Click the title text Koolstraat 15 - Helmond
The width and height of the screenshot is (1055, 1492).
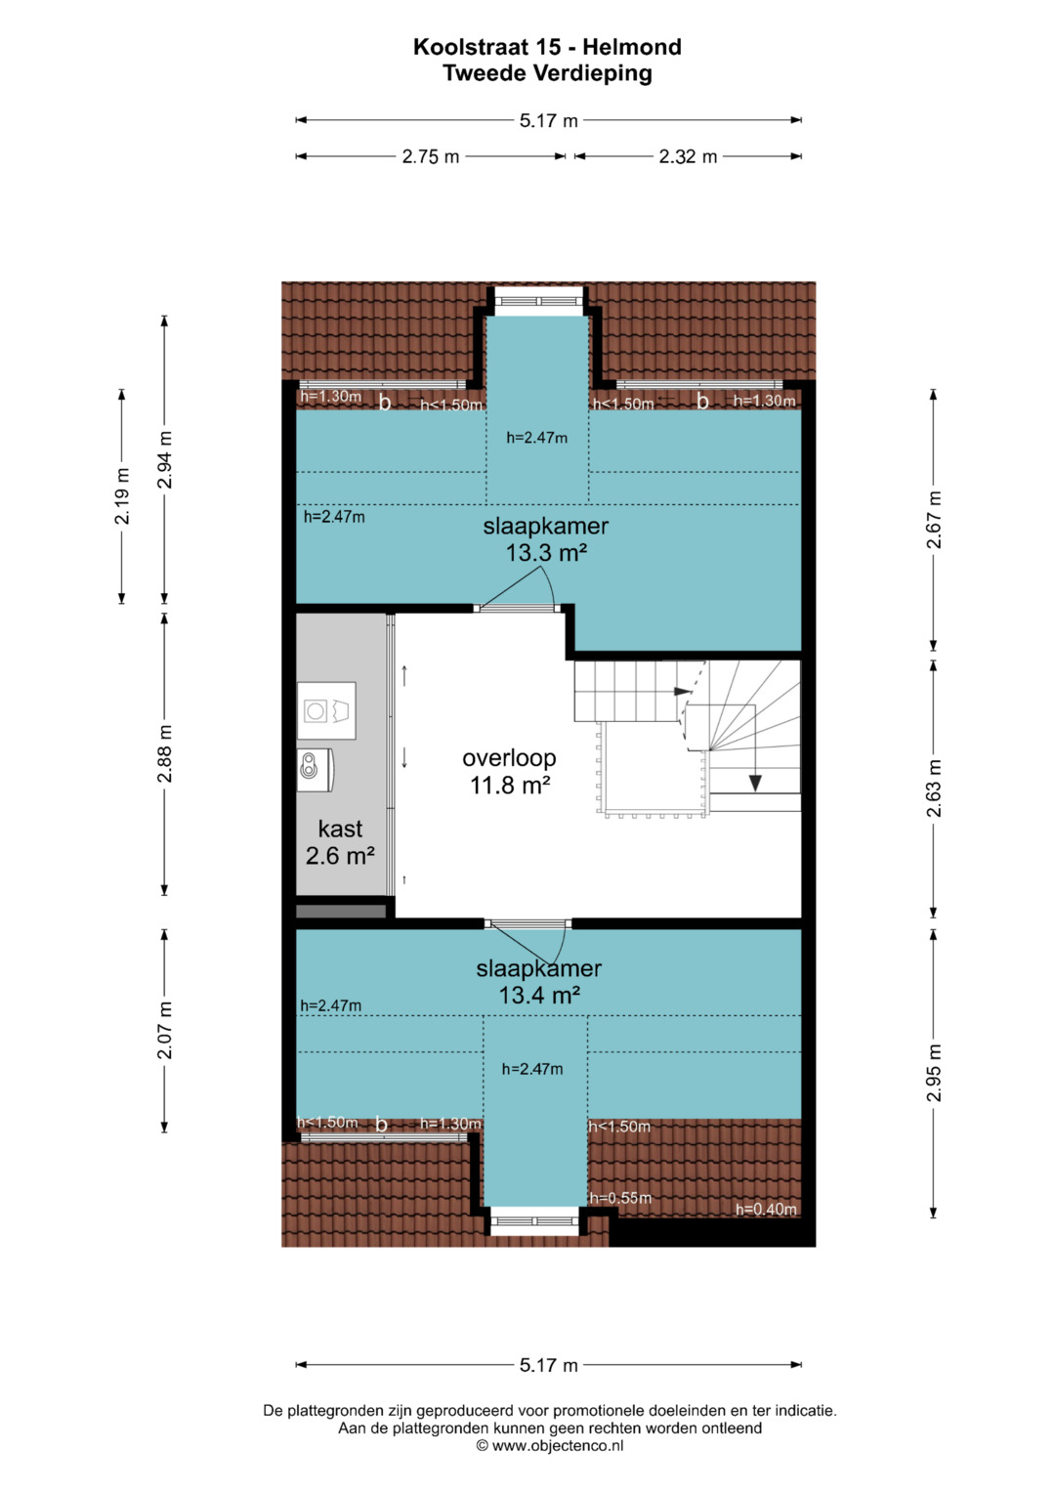pyautogui.click(x=547, y=47)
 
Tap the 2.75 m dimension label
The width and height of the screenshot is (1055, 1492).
pyautogui.click(x=430, y=156)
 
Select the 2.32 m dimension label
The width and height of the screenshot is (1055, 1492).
pyautogui.click(x=688, y=156)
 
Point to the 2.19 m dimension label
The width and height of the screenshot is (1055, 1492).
pyautogui.click(x=122, y=496)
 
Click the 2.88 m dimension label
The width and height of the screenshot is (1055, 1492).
pyautogui.click(x=164, y=753)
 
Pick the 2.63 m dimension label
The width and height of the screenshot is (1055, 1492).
pyautogui.click(x=934, y=788)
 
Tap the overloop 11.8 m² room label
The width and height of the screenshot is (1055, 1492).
pyautogui.click(x=510, y=772)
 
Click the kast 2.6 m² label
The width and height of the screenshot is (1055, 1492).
pyautogui.click(x=340, y=842)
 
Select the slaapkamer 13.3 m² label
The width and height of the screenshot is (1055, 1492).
pyautogui.click(x=546, y=539)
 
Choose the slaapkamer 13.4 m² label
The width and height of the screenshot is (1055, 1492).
pyautogui.click(x=539, y=982)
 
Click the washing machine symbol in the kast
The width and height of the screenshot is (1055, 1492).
pyautogui.click(x=326, y=710)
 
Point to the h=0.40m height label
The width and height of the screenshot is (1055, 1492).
pyautogui.click(x=766, y=1209)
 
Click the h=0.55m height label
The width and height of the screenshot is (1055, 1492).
pyautogui.click(x=620, y=1198)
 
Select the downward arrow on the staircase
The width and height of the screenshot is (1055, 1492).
pyautogui.click(x=754, y=748)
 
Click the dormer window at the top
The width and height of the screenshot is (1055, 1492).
pyautogui.click(x=538, y=300)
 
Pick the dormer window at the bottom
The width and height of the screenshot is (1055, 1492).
pyautogui.click(x=535, y=1220)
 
